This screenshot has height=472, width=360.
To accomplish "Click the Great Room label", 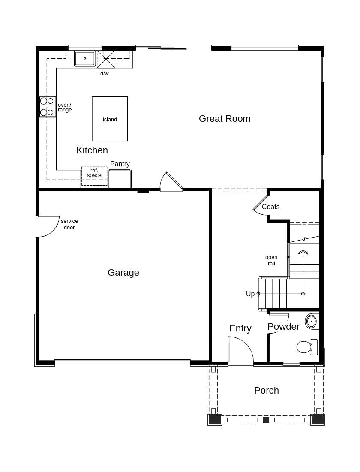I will point(225,119).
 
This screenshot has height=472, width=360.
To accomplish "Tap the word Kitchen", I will point(92,150).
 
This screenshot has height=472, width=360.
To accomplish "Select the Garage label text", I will point(123,273).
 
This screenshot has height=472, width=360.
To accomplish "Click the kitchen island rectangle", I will point(110,119).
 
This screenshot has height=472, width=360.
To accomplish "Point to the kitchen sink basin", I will point(85,58).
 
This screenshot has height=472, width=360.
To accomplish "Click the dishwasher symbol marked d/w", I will point(106,59).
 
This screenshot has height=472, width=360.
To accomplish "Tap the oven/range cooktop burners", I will point(47,107).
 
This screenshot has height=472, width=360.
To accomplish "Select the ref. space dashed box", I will point(94,176).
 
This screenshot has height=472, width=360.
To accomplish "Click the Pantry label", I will point(120,164).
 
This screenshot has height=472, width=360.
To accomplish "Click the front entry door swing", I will point(240,351).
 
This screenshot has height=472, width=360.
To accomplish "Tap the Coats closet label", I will point(271,207).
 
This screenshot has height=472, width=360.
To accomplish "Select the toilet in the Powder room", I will point(306,347).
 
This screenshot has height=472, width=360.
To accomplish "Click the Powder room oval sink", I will point(312,321).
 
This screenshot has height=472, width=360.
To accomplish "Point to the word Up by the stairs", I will point(250,294).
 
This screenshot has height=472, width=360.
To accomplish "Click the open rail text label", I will point(271,260).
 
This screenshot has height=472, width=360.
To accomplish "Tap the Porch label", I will point(267,391).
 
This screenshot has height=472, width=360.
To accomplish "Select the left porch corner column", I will point(215,420).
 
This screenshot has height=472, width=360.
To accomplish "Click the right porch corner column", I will point(318,420).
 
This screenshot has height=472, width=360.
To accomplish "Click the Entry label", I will point(240,328).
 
